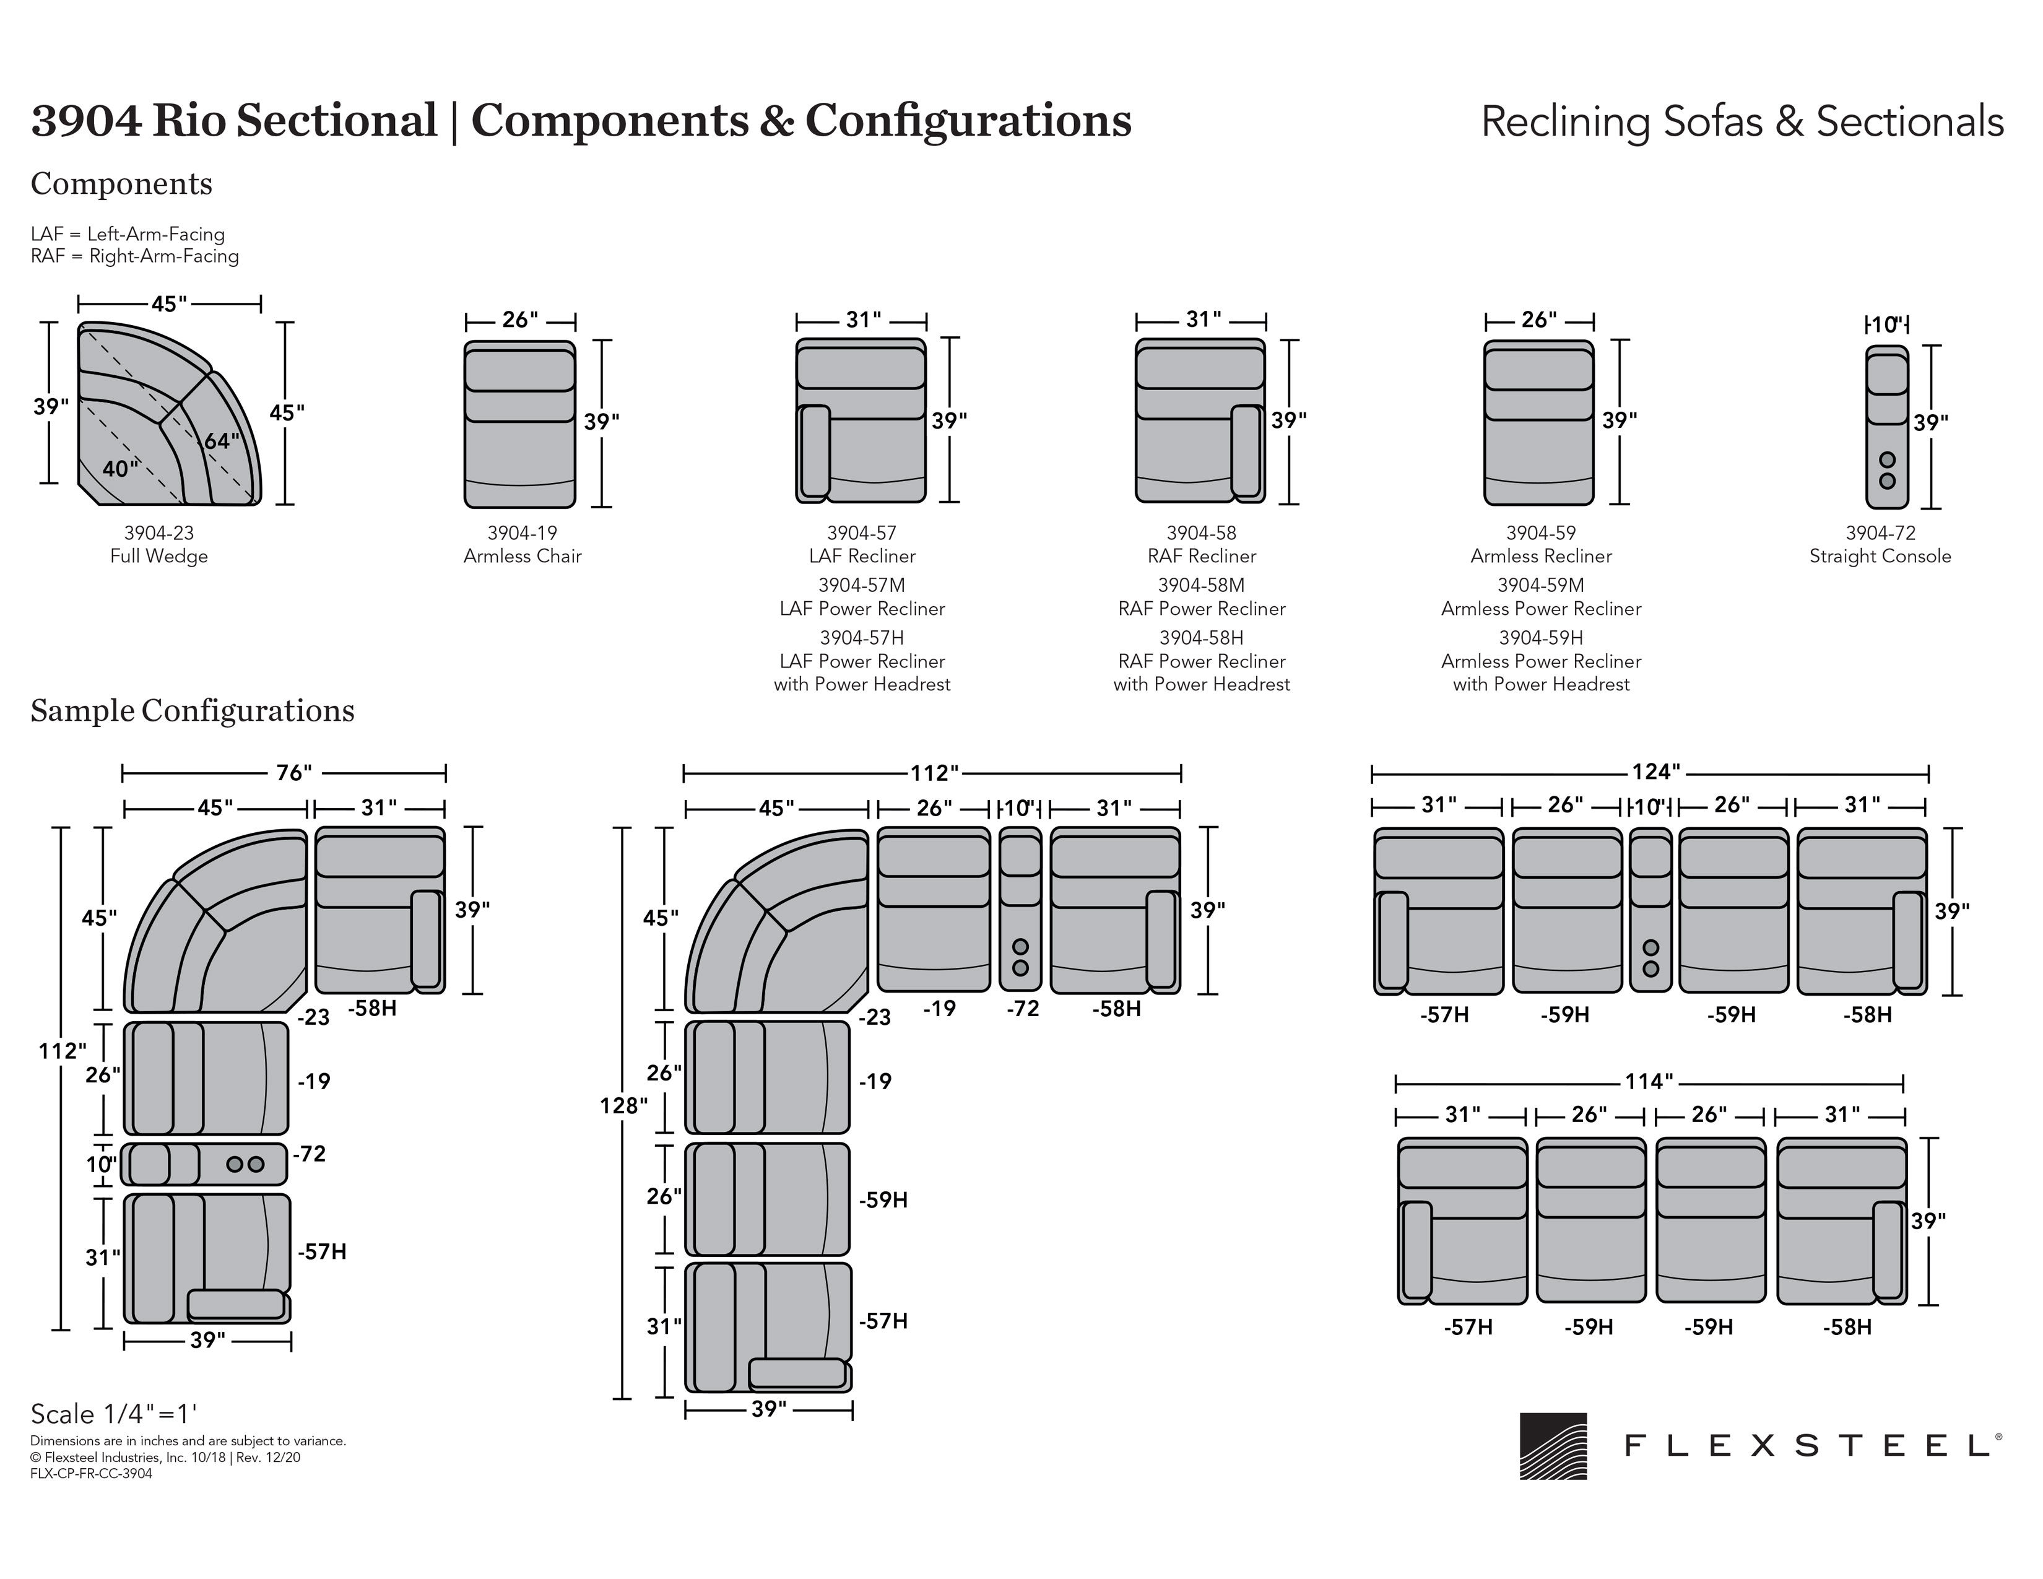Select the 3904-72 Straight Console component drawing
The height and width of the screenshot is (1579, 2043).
tap(1887, 427)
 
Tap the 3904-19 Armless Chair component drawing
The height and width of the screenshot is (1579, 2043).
tap(520, 424)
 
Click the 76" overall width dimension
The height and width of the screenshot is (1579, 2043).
tap(293, 773)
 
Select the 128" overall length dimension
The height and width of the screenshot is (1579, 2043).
tap(624, 1106)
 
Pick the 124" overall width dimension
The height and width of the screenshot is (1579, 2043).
tap(1655, 772)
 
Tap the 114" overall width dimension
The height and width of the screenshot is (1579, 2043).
tap(1648, 1082)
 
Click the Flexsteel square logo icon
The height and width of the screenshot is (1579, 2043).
tap(1553, 1445)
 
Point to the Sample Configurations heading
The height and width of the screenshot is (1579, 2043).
tap(193, 711)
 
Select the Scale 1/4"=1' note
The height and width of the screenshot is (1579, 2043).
tap(114, 1414)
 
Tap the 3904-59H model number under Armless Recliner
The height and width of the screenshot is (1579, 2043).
tap(1541, 637)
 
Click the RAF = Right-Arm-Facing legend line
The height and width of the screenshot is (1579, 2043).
tap(135, 256)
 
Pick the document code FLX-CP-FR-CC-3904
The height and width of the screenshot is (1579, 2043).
tap(91, 1473)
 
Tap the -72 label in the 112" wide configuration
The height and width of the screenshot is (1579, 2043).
tap(1023, 1008)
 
